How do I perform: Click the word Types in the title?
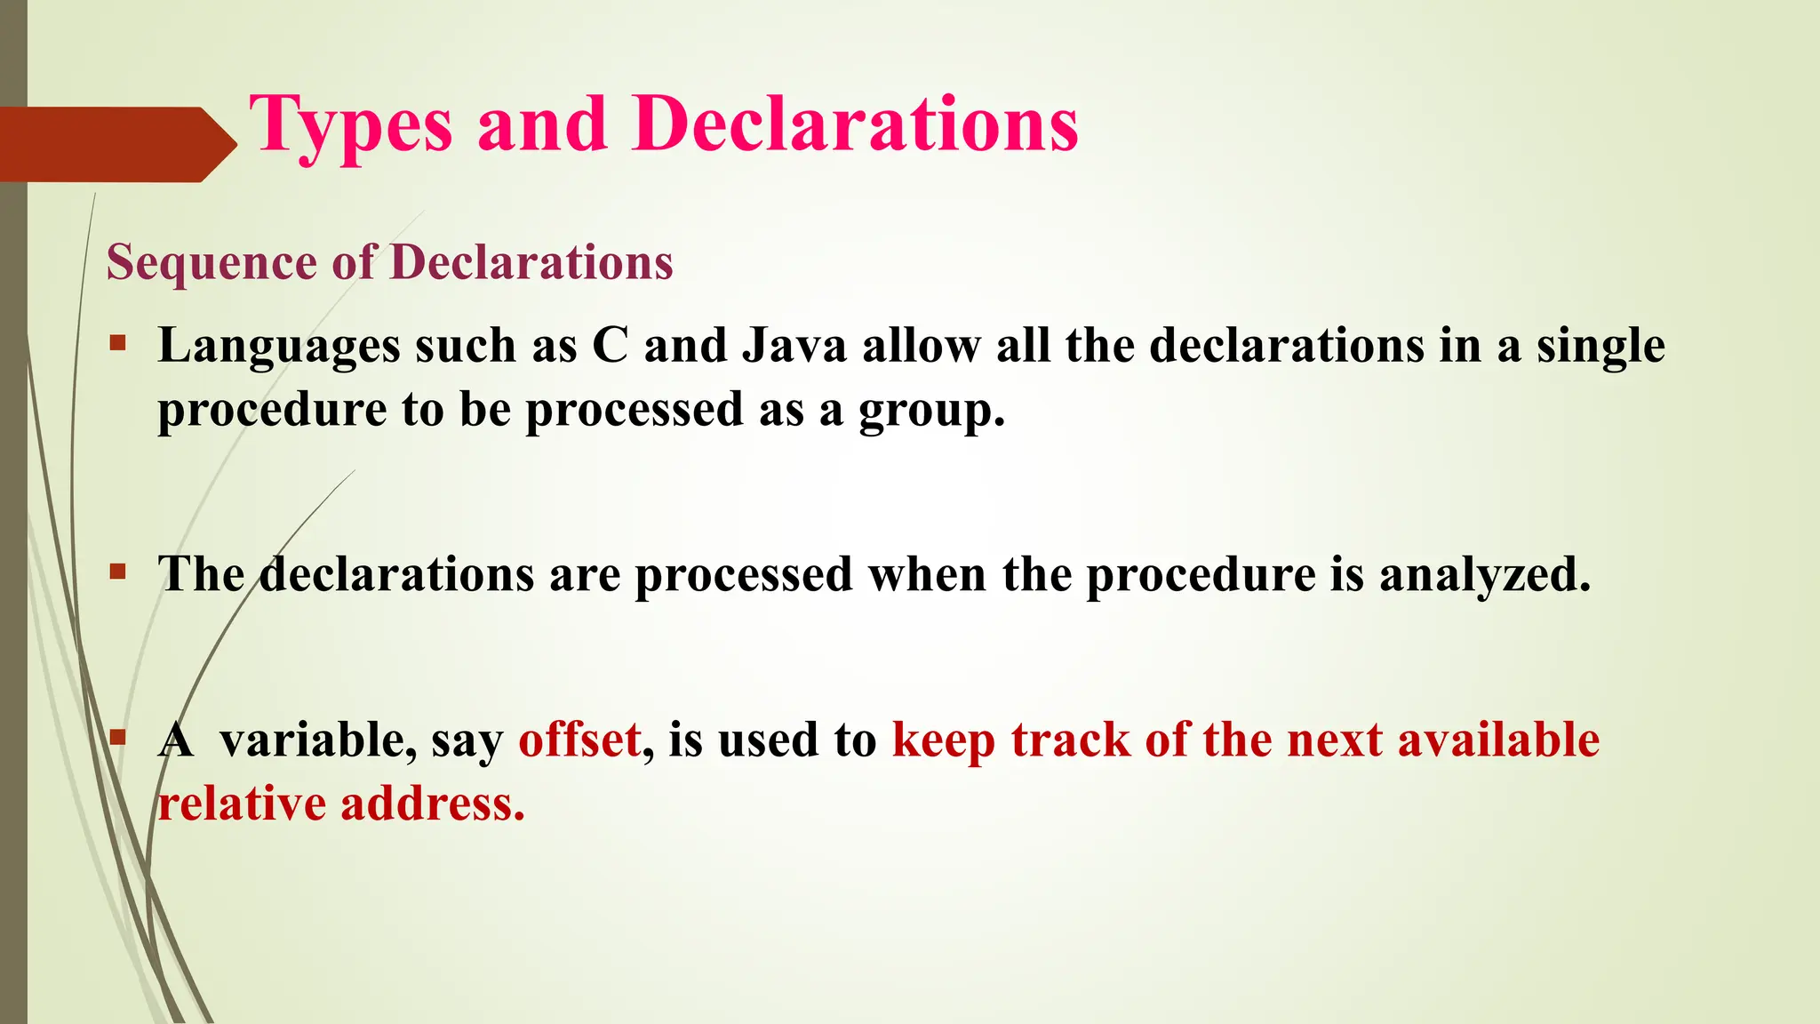(350, 126)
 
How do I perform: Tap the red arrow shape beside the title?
(116, 144)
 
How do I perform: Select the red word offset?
(579, 740)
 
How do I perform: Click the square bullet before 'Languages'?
(118, 342)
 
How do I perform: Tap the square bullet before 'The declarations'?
(118, 572)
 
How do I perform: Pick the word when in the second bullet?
(927, 574)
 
